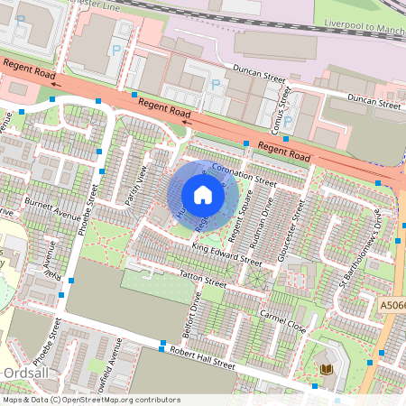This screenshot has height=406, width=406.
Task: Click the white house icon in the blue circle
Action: (x=203, y=194)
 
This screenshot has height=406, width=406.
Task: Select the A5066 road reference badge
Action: (x=392, y=306)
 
